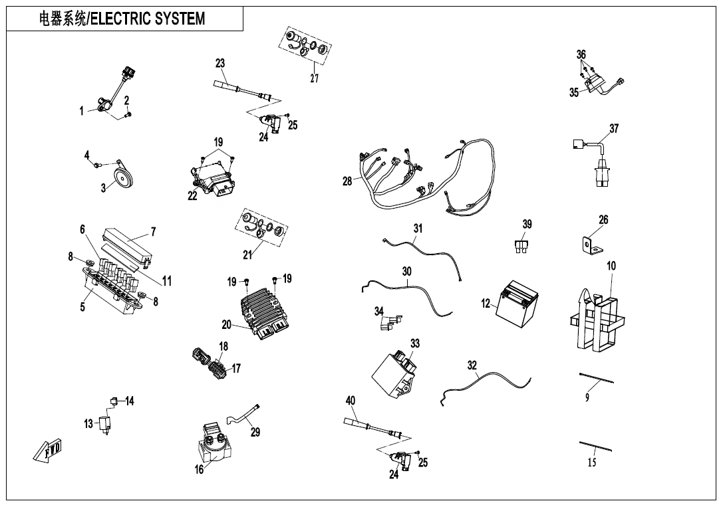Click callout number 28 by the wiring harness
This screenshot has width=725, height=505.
pos(347,181)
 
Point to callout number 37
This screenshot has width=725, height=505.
pos(614,128)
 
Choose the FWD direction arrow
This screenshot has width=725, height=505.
pos(49,452)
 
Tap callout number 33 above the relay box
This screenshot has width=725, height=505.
pos(415,344)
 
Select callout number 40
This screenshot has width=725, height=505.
pos(351,400)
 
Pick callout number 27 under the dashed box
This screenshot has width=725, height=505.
pos(315,78)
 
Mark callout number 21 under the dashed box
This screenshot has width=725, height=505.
pos(247,254)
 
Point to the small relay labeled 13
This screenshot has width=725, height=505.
pos(105,423)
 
